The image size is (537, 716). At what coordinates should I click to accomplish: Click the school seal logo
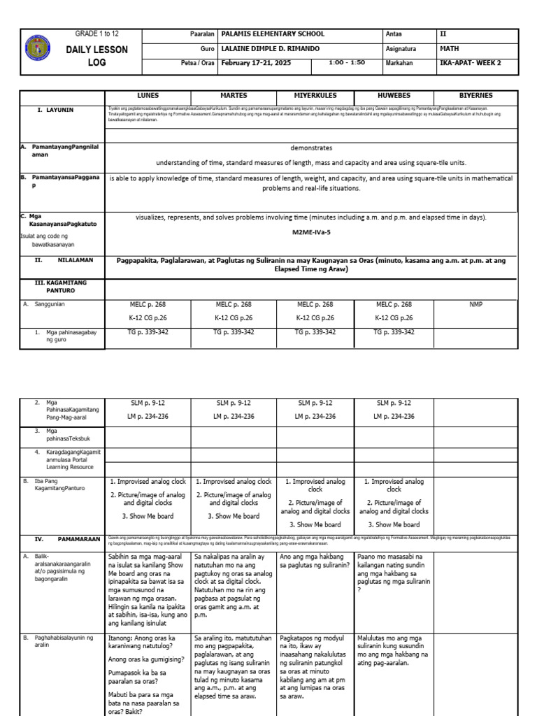tap(38, 50)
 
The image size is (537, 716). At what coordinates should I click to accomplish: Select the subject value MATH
tap(447, 49)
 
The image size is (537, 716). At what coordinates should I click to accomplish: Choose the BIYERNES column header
tap(475, 95)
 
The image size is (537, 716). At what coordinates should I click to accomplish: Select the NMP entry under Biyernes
tap(475, 305)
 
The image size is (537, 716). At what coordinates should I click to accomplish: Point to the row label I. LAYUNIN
tap(56, 110)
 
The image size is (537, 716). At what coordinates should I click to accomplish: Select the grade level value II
tap(442, 34)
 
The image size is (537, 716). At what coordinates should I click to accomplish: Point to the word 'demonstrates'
tap(311, 148)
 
